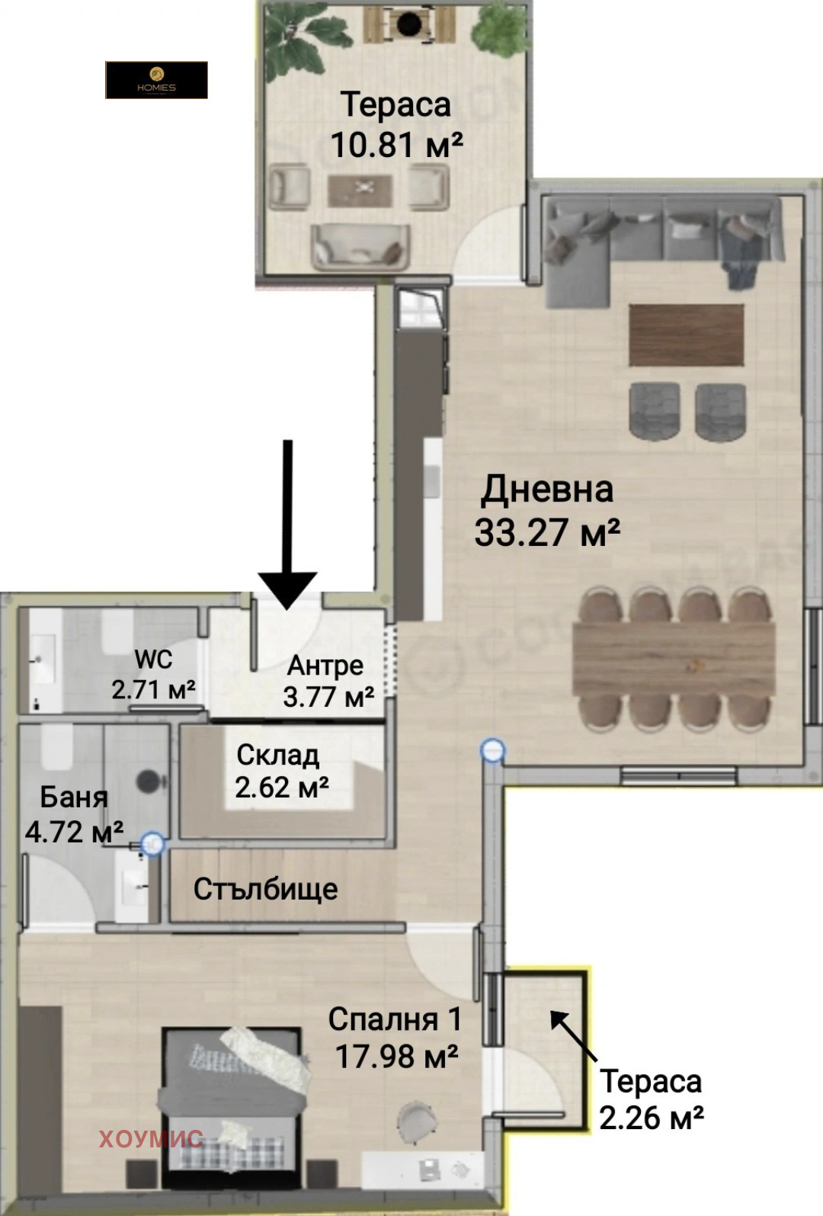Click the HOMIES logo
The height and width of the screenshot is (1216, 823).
coord(156,80)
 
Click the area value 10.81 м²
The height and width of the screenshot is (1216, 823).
coord(396,144)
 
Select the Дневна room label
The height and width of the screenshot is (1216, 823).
coord(546,489)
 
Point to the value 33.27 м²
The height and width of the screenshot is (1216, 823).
coord(546,532)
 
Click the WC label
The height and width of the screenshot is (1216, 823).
coord(153,659)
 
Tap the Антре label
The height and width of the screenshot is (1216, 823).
coord(325,666)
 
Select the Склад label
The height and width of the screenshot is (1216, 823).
coord(277,755)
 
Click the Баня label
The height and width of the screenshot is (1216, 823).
coord(74,797)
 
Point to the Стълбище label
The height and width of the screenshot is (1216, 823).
coord(265,889)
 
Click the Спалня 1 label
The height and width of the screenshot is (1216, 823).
coord(395,1019)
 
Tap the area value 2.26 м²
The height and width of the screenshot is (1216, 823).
coord(651,1118)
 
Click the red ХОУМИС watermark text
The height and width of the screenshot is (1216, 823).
coord(151,1139)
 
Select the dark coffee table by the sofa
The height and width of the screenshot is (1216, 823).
coord(686,335)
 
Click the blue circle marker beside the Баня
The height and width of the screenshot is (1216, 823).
coord(153,844)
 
